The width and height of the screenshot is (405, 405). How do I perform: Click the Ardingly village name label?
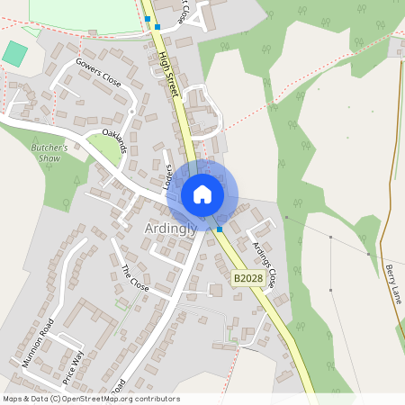pos(170,229)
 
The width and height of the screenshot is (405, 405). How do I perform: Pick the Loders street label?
pos(168,177)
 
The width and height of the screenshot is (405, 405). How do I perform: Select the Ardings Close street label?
pos(265,261)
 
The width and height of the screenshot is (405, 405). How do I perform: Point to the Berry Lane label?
pos(392,283)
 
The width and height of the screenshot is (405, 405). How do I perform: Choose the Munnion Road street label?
pos(38,343)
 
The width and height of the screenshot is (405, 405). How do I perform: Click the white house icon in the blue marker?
pos(202,194)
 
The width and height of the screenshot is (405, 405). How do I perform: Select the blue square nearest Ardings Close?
pos(220,229)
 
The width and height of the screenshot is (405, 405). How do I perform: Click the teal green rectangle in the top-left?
pos(14,53)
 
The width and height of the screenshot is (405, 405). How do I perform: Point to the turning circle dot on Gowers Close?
pos(131,111)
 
